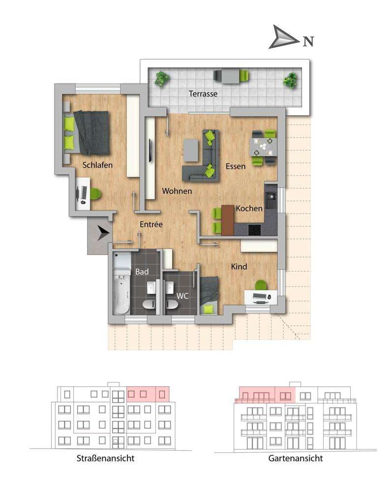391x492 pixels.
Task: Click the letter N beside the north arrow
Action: [308, 41]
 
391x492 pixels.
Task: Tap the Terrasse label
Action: [203, 93]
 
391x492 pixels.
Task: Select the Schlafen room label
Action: [97, 165]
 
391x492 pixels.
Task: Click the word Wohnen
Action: [177, 191]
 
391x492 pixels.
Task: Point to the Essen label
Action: [236, 166]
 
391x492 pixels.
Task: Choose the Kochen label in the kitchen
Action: [249, 208]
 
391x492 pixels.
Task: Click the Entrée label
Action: [151, 224]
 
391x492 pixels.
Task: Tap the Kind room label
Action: [239, 267]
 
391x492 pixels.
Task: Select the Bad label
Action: [142, 272]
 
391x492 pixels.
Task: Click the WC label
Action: [182, 296]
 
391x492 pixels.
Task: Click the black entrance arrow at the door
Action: [103, 233]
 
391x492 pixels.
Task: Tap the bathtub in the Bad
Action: [121, 294]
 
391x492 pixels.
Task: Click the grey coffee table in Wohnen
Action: [191, 150]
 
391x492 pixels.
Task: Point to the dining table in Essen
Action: [264, 147]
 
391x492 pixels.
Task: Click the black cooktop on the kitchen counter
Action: [255, 230]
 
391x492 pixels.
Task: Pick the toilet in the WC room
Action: [172, 304]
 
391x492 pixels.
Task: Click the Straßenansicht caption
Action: [105, 458]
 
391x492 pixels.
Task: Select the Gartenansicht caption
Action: [296, 458]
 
